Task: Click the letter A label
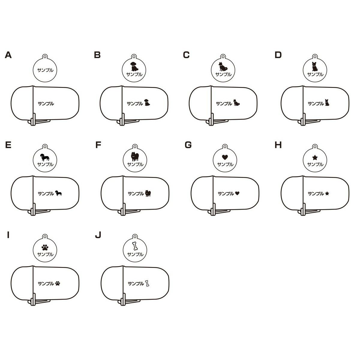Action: [x=8, y=55]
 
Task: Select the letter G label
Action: [x=188, y=145]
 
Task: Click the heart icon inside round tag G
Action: [x=225, y=157]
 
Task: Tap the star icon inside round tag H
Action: [x=315, y=157]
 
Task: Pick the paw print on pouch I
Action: [x=58, y=283]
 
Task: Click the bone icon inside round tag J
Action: [x=135, y=246]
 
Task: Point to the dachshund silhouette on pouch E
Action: [x=59, y=193]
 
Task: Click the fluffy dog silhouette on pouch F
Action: [x=148, y=193]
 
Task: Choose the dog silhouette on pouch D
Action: [x=327, y=103]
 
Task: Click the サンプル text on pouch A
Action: [x=46, y=103]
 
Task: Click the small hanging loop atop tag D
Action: [x=315, y=56]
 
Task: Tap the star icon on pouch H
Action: [x=327, y=193]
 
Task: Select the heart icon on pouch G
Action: [x=237, y=193]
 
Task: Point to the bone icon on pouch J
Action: [x=147, y=283]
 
